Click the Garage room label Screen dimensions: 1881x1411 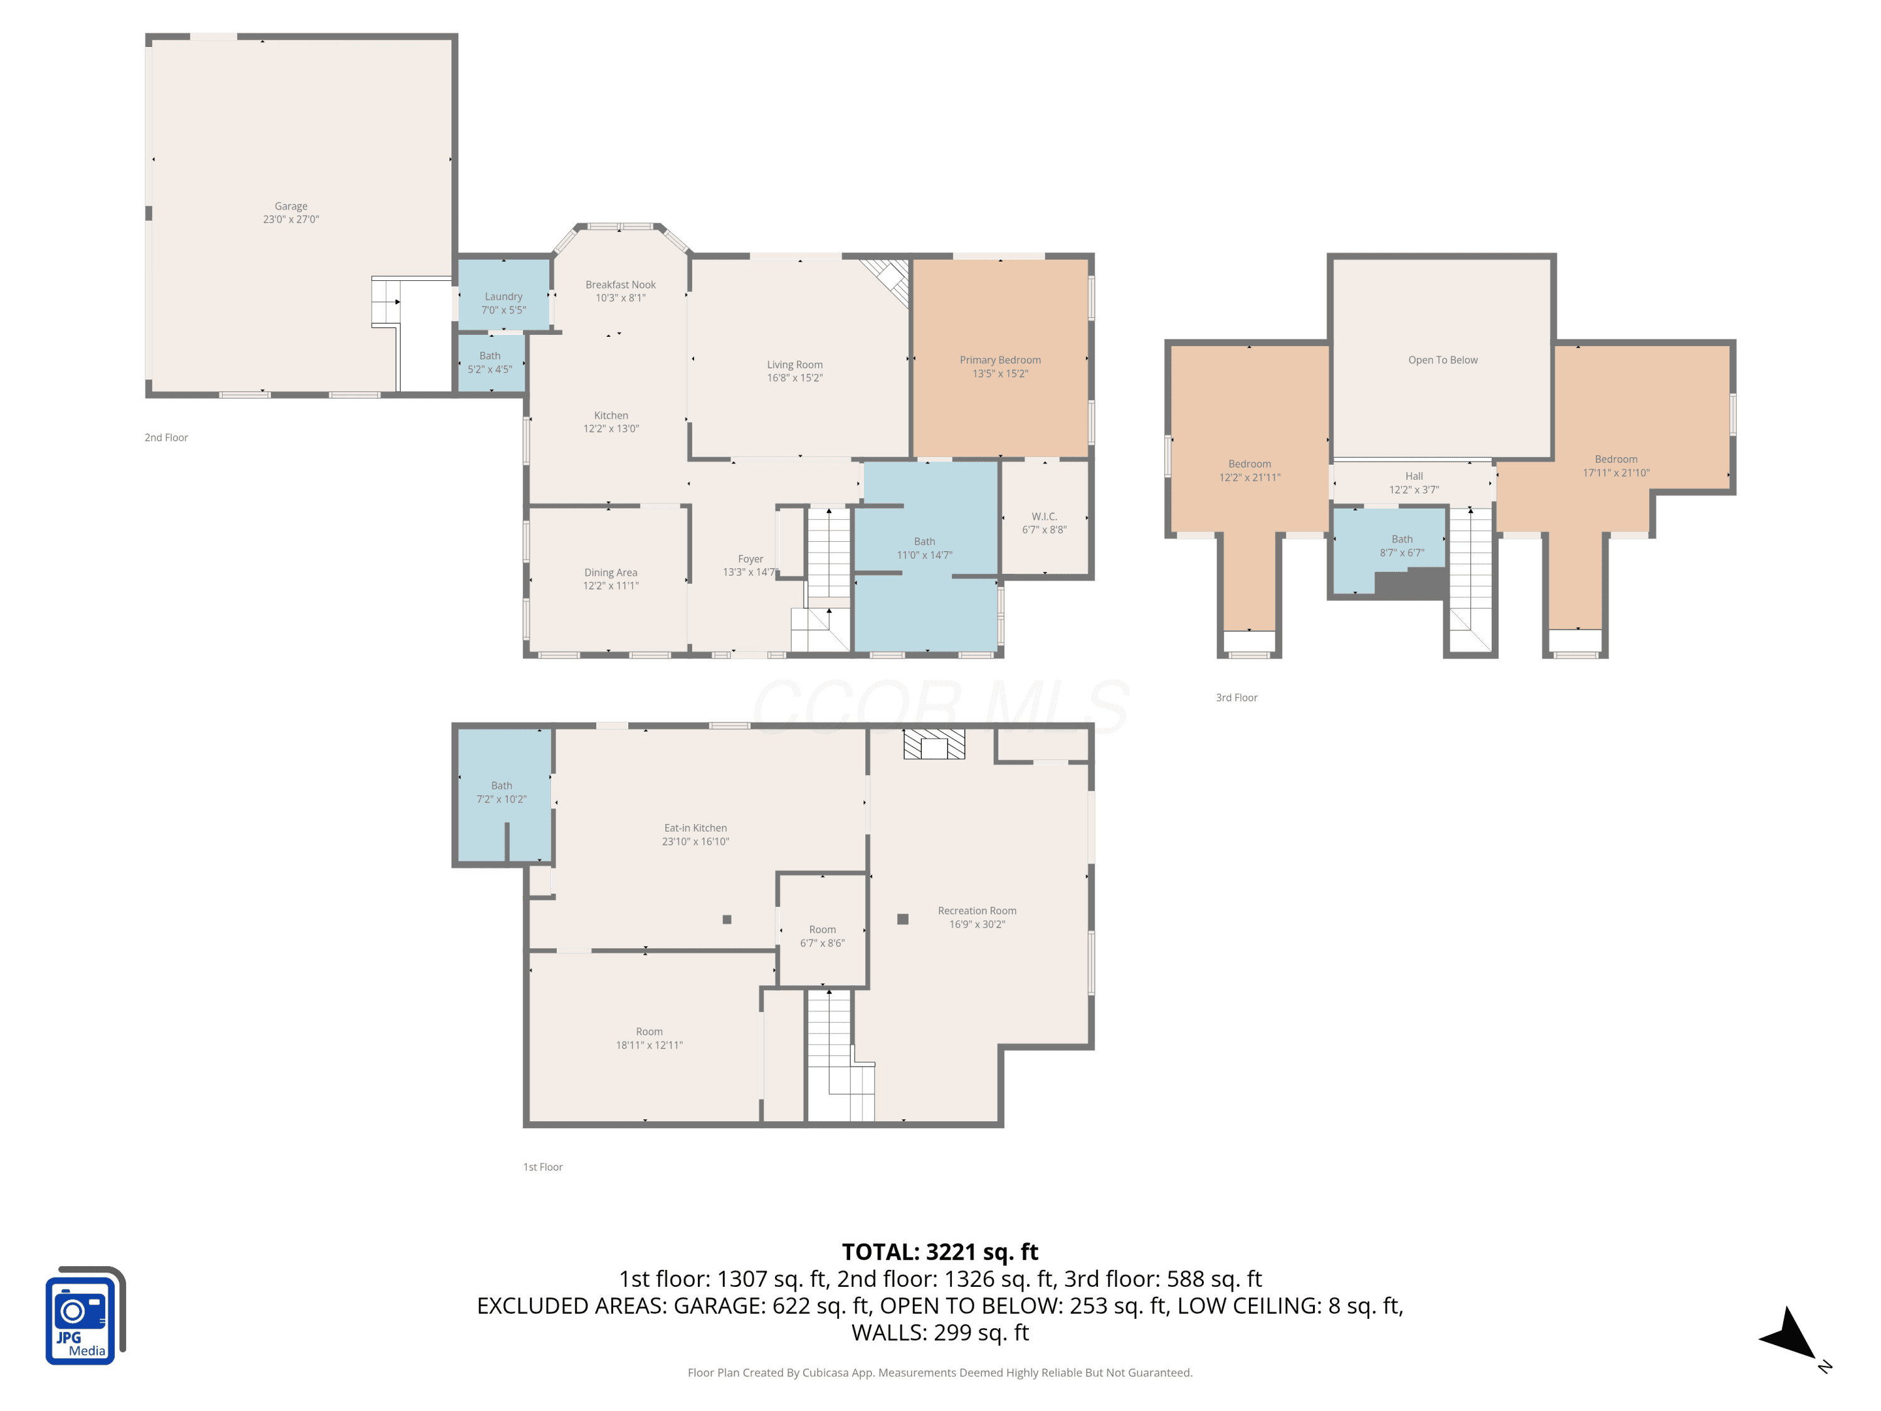point(291,206)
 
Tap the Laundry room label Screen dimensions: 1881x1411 point(503,297)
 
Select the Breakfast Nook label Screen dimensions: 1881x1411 point(621,285)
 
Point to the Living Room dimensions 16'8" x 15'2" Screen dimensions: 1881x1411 point(795,378)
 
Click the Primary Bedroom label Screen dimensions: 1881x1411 point(1000,360)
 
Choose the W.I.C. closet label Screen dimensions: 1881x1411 point(1044,516)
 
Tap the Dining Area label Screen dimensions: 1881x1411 point(611,573)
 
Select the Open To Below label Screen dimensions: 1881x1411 point(1443,360)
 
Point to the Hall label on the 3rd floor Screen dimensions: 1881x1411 point(1414,476)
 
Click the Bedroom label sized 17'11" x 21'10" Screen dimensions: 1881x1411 point(1616,459)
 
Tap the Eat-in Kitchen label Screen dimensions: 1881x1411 point(695,828)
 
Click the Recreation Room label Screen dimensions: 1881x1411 point(977,911)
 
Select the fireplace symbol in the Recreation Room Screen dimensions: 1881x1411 point(934,744)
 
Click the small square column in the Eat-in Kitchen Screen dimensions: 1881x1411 point(727,919)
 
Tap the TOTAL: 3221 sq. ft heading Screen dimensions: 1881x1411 point(940,1252)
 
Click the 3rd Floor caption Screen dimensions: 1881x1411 point(1236,697)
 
